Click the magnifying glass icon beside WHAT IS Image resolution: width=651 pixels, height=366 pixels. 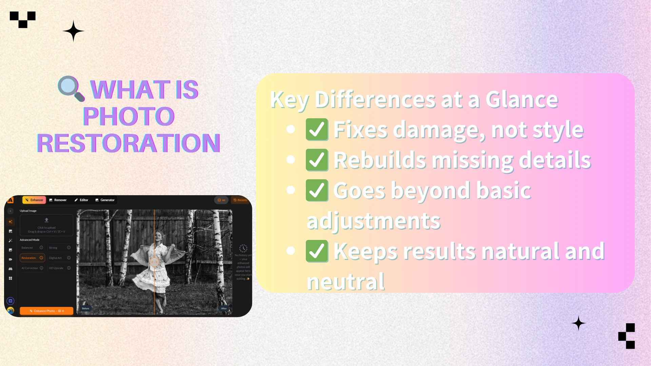[71, 88]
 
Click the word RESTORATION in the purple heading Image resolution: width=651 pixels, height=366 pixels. [129, 143]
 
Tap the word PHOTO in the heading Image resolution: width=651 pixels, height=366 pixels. [129, 116]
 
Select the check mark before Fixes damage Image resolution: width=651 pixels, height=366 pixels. [317, 129]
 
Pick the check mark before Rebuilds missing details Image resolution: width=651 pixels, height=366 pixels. [317, 160]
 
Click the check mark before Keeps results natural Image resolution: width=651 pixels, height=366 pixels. [317, 251]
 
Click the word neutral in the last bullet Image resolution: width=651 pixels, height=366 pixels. [346, 282]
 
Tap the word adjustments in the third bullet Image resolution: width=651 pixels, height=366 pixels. [373, 221]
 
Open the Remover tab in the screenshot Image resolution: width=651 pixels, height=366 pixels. [58, 200]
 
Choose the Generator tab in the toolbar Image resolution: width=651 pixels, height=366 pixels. [105, 200]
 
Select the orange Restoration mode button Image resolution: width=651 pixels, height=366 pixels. [32, 258]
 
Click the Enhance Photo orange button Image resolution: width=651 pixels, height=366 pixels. [46, 311]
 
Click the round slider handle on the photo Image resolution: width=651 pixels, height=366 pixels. [154, 262]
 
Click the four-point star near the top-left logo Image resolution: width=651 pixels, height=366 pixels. [73, 31]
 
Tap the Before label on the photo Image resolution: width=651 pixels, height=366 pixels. [85, 308]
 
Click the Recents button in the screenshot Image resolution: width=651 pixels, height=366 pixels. [240, 200]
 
